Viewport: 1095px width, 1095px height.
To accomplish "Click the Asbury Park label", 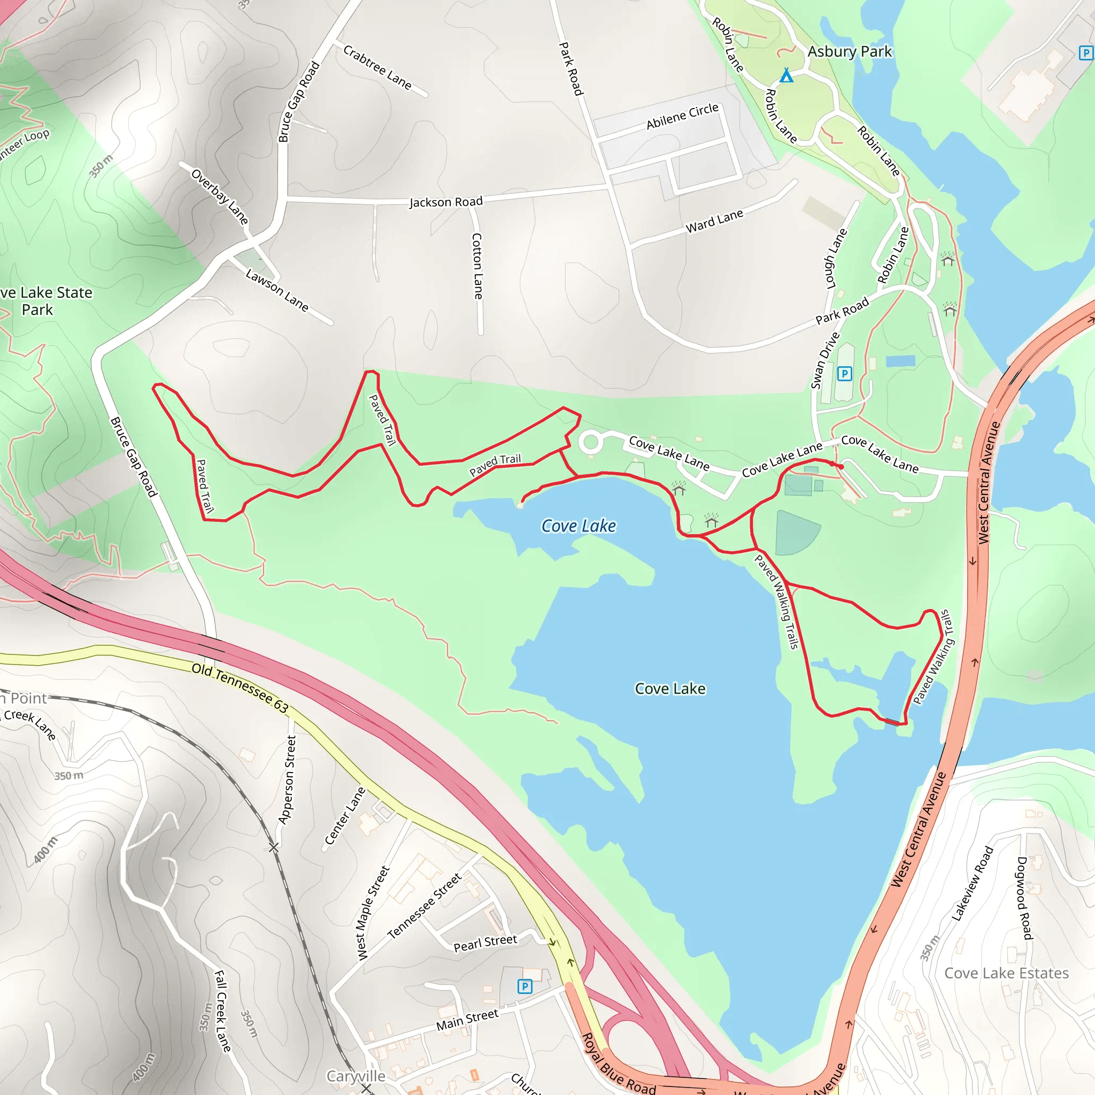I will click(x=849, y=51).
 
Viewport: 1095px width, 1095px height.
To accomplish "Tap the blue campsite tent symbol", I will click(x=786, y=75).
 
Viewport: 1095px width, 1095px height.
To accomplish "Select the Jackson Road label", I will click(x=446, y=202).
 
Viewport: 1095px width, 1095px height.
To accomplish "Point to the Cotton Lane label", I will click(x=478, y=266).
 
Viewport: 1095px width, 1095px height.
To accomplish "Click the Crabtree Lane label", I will click(x=377, y=67).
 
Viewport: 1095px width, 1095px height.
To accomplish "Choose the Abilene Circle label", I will click(x=682, y=116).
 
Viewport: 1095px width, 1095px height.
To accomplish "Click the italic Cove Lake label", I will click(x=579, y=526).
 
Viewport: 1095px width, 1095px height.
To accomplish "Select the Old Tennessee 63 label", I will click(x=240, y=688).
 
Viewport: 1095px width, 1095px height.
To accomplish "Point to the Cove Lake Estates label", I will click(x=1006, y=973).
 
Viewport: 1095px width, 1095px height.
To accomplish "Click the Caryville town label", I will click(x=356, y=1076).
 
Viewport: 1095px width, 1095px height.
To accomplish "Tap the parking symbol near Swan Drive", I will click(x=844, y=374).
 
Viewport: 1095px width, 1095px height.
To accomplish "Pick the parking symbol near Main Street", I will click(x=525, y=986).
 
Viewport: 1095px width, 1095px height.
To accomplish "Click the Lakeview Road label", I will click(x=972, y=884).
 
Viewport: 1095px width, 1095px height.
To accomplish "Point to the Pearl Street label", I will click(x=485, y=943).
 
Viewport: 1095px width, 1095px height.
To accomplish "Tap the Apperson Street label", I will click(x=287, y=780).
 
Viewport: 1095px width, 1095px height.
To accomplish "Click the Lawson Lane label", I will click(x=277, y=290).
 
